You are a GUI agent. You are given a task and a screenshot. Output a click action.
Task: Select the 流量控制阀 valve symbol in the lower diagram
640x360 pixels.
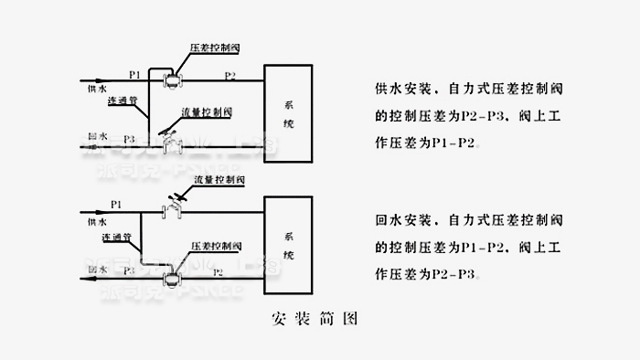coord(170,209)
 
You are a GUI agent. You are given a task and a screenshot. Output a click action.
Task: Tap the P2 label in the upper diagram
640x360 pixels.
coord(230,74)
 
